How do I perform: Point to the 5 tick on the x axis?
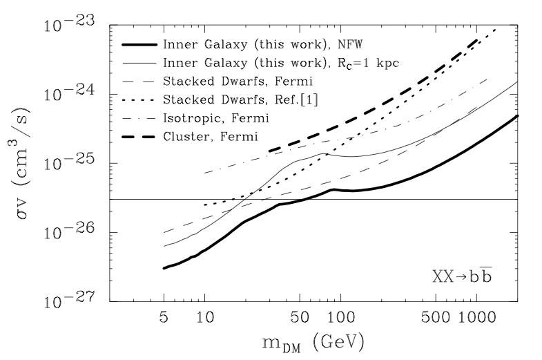pyautogui.click(x=164, y=320)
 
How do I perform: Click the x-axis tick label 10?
pyautogui.click(x=204, y=320)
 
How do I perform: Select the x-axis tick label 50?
pyautogui.click(x=299, y=320)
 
